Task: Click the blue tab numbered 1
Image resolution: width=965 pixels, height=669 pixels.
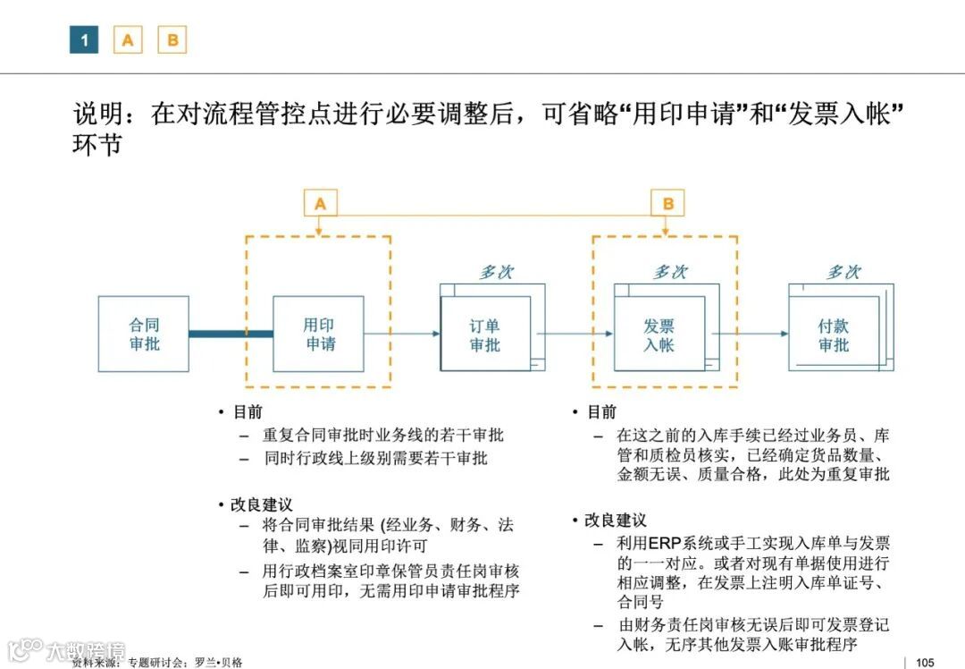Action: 84,39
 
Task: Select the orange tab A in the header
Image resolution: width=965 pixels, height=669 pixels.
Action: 128,39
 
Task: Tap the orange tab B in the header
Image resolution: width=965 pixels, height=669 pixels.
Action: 172,39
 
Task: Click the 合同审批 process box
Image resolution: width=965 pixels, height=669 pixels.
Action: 144,334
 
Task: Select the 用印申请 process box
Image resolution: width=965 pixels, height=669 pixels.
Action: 319,334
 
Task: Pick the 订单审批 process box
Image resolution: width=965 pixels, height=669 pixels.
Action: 485,334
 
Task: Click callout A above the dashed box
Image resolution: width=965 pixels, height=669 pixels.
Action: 320,204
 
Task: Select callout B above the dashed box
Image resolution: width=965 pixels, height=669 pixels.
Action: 667,204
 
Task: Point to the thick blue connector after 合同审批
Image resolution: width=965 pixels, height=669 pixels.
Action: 231,334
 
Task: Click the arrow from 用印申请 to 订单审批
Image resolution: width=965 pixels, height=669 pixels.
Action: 402,334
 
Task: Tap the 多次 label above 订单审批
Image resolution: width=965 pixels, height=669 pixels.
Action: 496,272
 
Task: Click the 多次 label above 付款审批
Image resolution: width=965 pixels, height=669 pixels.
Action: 843,272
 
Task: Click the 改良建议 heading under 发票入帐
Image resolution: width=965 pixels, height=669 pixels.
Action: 616,521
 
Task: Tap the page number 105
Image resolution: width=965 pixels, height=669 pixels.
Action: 925,662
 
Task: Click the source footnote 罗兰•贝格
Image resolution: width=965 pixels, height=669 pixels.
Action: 218,663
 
